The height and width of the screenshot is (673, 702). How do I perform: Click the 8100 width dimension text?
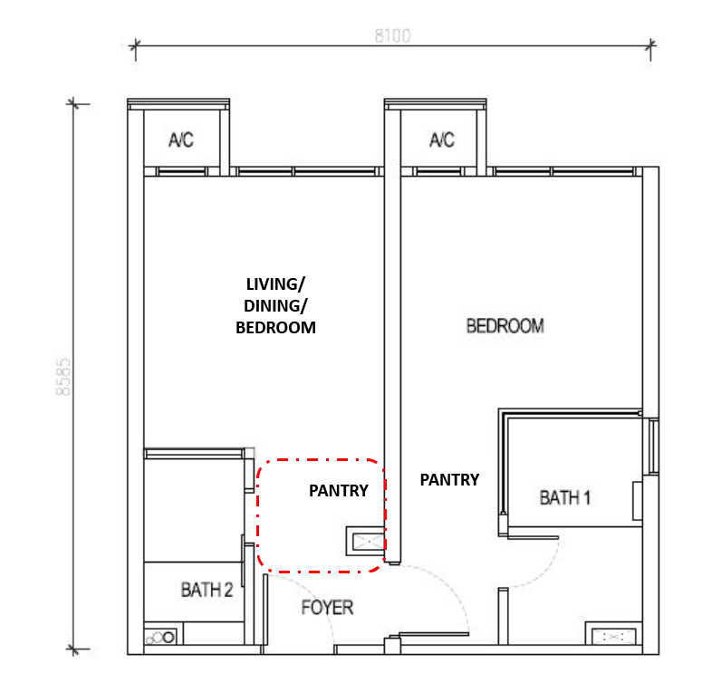tap(392, 36)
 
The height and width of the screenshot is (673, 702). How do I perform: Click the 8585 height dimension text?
tap(63, 377)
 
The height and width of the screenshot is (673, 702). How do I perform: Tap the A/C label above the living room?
tap(181, 140)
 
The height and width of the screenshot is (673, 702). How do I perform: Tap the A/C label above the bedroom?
tap(442, 140)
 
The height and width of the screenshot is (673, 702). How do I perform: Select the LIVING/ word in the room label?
tap(275, 284)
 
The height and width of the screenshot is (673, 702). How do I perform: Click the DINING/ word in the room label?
tap(275, 306)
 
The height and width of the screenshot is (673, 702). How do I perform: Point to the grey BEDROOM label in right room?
tap(505, 326)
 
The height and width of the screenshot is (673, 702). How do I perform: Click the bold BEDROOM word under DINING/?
tap(275, 328)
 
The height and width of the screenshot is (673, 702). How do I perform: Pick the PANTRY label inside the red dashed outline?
tap(339, 491)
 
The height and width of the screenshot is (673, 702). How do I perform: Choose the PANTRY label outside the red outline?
tap(449, 480)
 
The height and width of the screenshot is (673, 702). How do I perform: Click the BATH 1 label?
tap(565, 498)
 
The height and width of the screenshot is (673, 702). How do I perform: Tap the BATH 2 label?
tap(207, 591)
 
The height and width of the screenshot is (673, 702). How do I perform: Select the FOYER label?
tap(327, 608)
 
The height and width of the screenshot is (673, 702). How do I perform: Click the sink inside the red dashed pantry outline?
tap(366, 542)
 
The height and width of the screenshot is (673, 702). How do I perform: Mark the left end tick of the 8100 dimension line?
tap(135, 45)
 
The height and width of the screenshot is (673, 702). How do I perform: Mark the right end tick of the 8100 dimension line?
tap(650, 45)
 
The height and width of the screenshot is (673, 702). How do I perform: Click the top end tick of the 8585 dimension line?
tap(73, 104)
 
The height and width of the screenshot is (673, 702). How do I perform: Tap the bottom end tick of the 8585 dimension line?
tap(73, 649)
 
